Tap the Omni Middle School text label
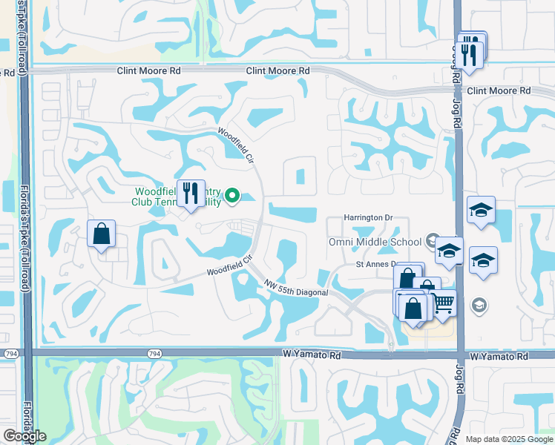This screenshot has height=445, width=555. [x=375, y=242]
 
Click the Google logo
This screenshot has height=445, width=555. [x=24, y=436]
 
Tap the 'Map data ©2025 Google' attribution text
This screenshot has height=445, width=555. [x=508, y=439]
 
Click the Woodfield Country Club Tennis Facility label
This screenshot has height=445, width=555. [x=177, y=196]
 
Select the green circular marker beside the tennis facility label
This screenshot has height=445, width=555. [x=232, y=196]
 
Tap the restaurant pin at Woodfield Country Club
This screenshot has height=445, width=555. [x=191, y=194]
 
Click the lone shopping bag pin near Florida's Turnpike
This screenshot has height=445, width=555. [x=102, y=235]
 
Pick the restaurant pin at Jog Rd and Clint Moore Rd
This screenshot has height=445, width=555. [x=471, y=52]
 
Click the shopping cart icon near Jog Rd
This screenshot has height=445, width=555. [x=443, y=304]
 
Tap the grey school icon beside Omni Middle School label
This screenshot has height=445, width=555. [x=433, y=240]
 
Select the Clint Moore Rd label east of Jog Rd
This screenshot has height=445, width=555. [x=499, y=90]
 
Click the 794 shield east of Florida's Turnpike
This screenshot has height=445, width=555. [x=154, y=353]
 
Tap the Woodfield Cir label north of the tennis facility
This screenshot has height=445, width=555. [x=235, y=145]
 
